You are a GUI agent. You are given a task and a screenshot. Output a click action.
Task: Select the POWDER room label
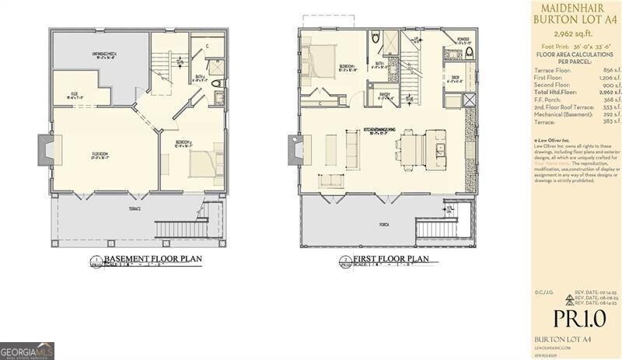[463, 38]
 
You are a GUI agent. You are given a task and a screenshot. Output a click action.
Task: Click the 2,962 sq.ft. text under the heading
[572, 34]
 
